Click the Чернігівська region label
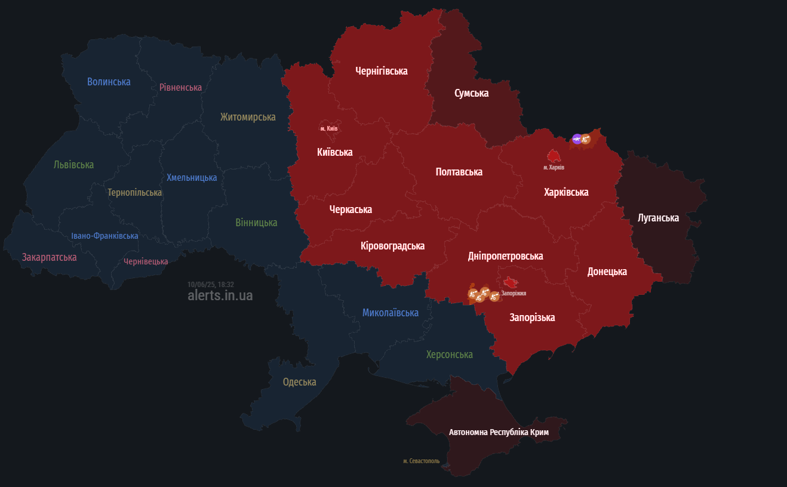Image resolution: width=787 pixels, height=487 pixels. coord(381,71)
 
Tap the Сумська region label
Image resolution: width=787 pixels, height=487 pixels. coord(471,93)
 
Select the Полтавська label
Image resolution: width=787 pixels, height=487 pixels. coord(459,172)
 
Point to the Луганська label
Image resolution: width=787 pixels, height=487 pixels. coord(658,218)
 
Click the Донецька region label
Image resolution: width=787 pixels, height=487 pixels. coord(607,272)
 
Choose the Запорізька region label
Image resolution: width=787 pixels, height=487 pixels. coord(532,318)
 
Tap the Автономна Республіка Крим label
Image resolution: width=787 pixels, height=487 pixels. coord(499,431)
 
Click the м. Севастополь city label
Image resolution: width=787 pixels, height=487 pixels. coord(421,461)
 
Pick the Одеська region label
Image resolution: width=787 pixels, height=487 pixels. coord(299,382)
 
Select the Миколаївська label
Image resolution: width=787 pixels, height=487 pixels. coord(390,313)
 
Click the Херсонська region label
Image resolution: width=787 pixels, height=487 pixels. coord(449,355)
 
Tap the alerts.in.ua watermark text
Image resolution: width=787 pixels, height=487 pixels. coord(220,295)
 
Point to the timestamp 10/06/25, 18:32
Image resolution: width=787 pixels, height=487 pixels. coord(210,285)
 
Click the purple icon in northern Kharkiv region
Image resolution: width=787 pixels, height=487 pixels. coord(577,139)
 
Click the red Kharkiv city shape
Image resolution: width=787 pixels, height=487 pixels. coord(554,156)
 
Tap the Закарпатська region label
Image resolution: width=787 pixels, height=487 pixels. coord(49,257)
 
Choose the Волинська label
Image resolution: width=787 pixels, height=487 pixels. coord(109,82)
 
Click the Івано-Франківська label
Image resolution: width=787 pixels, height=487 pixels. coord(104,236)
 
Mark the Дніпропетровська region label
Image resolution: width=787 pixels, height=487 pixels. coord(505,256)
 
